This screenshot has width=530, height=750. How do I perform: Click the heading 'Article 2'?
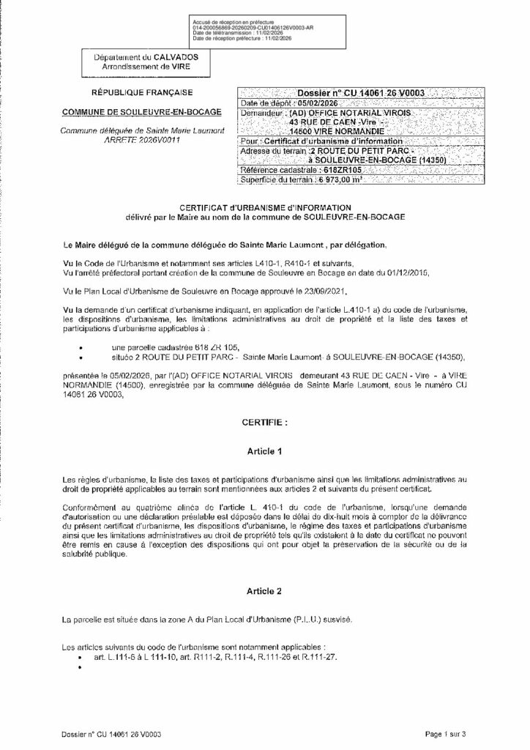click(x=264, y=589)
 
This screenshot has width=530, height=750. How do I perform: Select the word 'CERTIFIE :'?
click(x=264, y=423)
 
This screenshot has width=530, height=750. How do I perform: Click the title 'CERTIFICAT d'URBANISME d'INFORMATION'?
click(x=264, y=208)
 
